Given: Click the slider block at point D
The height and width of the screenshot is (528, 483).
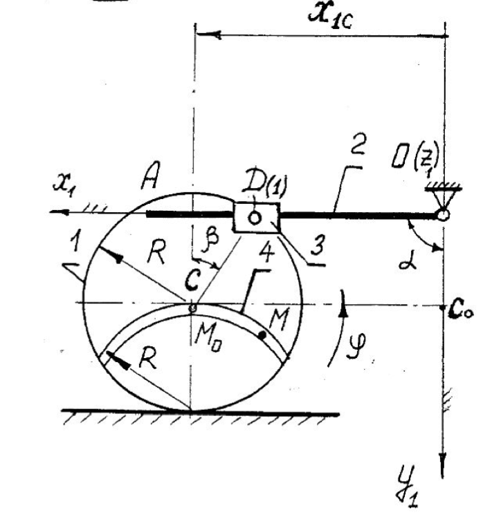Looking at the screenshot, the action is tap(255, 218).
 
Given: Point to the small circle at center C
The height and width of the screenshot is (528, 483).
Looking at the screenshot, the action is tap(193, 306).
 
